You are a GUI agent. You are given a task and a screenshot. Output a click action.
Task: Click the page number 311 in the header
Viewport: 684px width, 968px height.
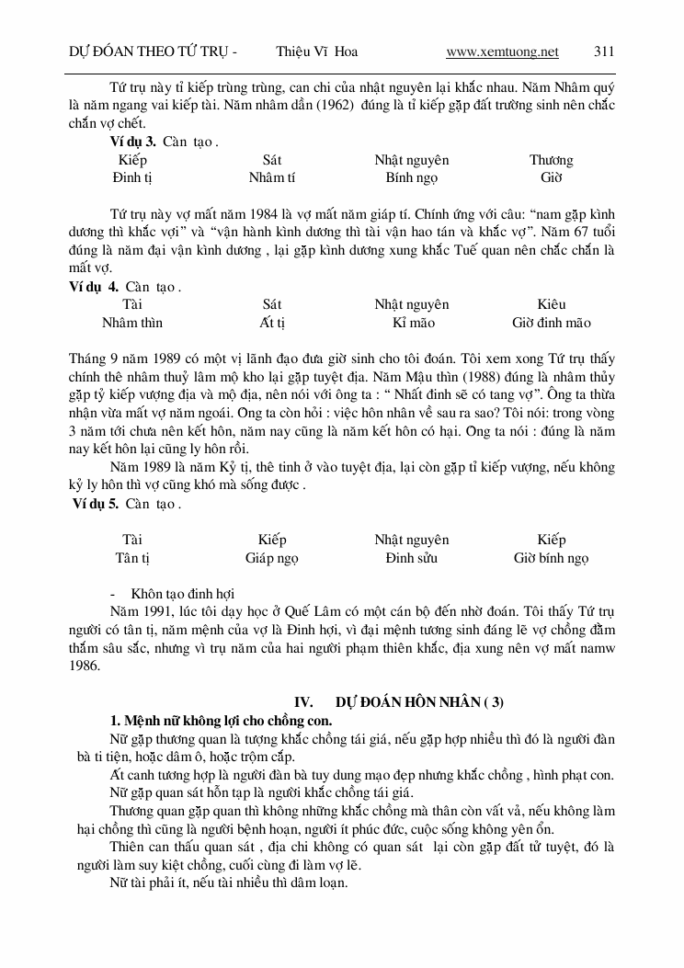tap(604, 51)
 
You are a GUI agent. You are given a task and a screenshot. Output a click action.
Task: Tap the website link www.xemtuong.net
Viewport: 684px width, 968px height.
tap(502, 51)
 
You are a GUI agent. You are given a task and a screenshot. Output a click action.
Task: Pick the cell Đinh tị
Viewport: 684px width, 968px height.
tap(132, 177)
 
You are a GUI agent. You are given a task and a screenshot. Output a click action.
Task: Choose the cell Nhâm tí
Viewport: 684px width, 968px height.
tap(272, 177)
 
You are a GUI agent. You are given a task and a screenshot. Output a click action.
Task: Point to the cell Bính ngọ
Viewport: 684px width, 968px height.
tap(411, 177)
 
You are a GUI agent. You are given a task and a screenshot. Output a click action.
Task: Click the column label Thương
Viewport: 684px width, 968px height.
tap(551, 160)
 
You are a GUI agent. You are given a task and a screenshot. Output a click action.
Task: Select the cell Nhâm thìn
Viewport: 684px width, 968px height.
tap(132, 323)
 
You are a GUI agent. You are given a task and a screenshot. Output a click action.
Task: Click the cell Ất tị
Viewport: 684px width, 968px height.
tap(272, 323)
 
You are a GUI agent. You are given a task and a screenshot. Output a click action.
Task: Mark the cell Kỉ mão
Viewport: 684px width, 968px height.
tap(411, 323)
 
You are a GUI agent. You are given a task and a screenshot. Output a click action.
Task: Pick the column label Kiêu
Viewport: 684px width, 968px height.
tap(552, 304)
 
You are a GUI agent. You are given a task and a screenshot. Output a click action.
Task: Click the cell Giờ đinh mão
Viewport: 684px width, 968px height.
tap(552, 323)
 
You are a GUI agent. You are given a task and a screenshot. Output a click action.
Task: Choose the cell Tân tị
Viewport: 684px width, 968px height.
tap(132, 558)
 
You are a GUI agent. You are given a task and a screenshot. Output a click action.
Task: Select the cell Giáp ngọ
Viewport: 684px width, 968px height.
tap(272, 558)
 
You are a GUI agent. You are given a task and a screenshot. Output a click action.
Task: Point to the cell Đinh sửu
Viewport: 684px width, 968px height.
tap(411, 558)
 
